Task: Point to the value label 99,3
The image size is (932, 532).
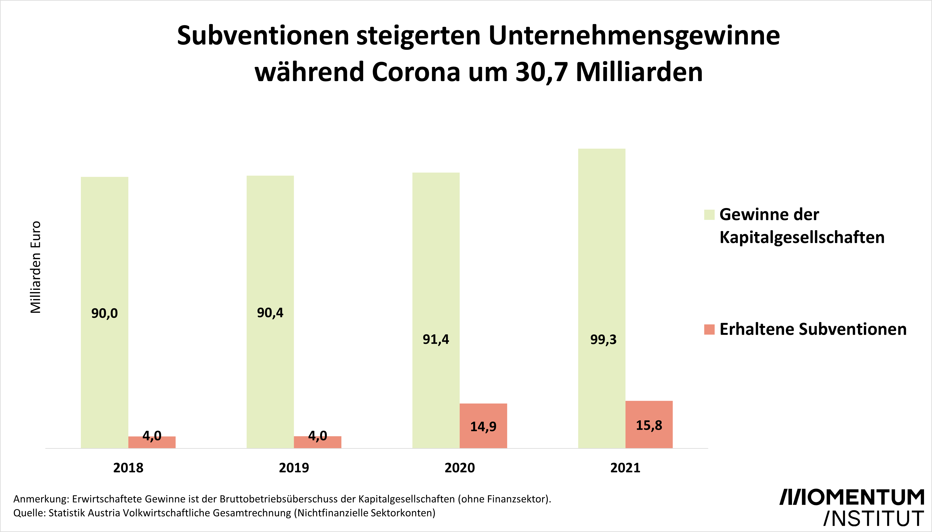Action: click(603, 340)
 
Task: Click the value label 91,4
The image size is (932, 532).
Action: click(436, 340)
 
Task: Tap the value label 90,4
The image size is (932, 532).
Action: click(270, 313)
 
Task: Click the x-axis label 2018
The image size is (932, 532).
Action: click(128, 468)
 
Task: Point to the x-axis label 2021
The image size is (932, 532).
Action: click(625, 468)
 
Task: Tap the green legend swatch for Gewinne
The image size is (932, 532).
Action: click(709, 215)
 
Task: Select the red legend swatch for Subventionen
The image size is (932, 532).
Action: click(709, 330)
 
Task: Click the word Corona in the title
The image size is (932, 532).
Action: click(416, 72)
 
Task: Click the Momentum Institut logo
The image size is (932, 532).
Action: click(852, 508)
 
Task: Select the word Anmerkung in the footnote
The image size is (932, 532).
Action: click(41, 499)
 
